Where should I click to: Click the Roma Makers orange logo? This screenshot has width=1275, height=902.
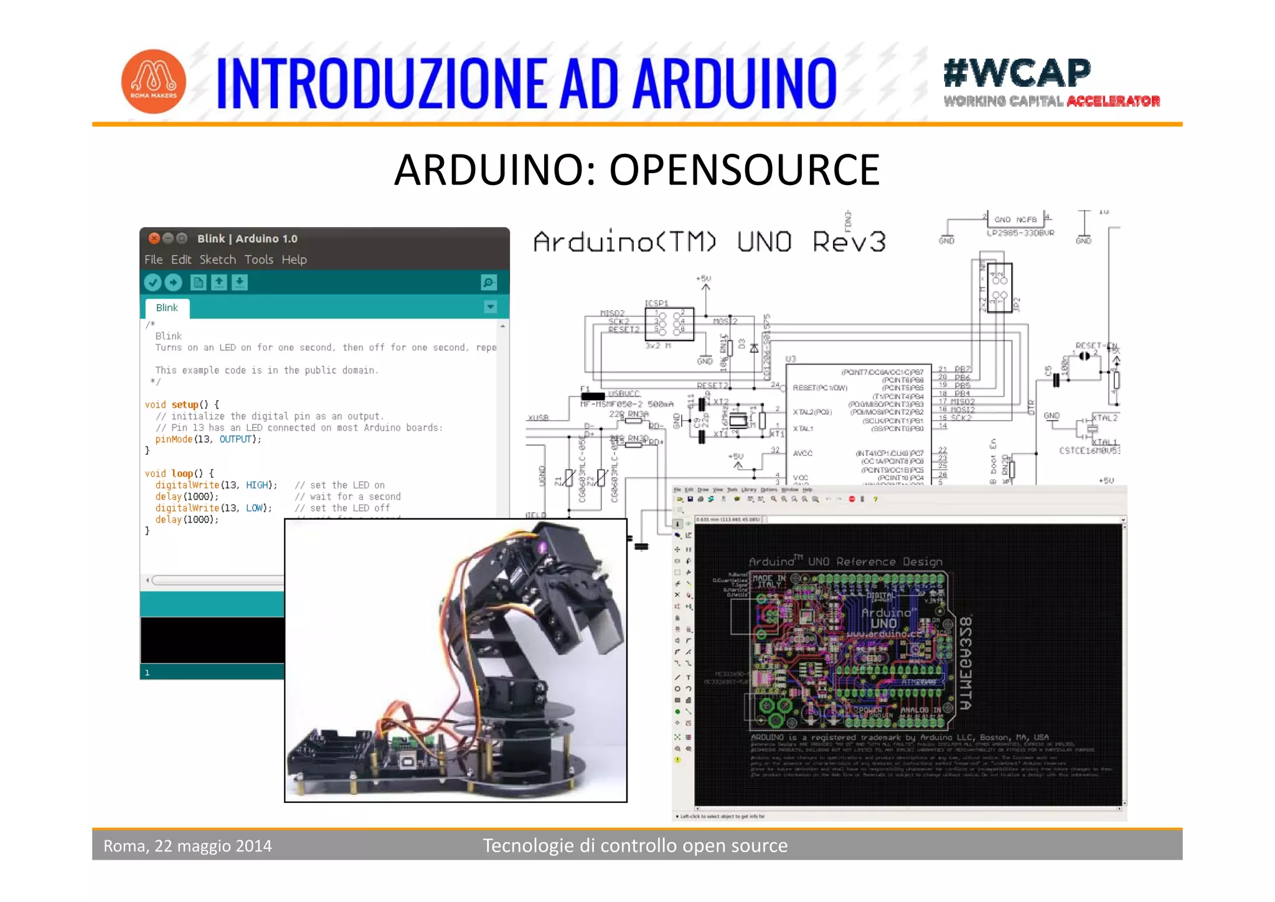coord(153,82)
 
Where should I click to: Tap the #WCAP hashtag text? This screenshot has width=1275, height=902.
coord(1017,73)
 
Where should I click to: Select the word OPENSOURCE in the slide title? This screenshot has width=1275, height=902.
coord(744,170)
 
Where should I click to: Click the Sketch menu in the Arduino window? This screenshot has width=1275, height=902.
coord(217,260)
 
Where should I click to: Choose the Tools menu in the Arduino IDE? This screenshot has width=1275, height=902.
coord(258,260)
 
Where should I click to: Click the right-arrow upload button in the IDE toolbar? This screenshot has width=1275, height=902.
coord(173,283)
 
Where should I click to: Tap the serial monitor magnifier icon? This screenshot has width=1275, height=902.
coord(489,283)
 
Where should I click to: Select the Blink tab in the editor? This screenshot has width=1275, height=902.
coord(167,308)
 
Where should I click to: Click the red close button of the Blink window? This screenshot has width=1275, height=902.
coord(154,238)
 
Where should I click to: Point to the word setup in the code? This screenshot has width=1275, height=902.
coord(185,404)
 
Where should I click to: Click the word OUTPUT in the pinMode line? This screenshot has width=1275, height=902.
coord(235,439)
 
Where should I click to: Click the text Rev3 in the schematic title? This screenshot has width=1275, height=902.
coord(849,242)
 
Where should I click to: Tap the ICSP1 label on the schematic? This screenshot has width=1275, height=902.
coord(656,303)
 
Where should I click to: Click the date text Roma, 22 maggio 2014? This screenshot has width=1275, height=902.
coord(187,846)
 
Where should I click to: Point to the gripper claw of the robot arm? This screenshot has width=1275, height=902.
coord(601,629)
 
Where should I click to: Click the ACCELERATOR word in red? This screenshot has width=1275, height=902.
coord(1113,102)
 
